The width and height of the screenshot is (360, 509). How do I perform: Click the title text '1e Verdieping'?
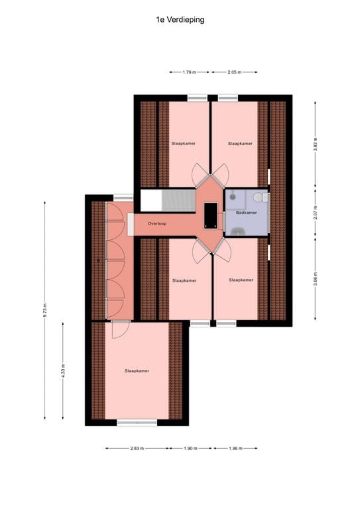[180, 20]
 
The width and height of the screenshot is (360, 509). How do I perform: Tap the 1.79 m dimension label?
[189, 72]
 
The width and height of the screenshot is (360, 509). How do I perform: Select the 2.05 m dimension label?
[233, 72]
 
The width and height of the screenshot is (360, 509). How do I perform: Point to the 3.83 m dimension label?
[315, 143]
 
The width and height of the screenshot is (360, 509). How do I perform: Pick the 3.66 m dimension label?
[315, 280]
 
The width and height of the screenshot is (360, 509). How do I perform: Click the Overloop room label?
[157, 224]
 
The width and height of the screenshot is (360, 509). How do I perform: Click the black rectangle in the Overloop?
[211, 215]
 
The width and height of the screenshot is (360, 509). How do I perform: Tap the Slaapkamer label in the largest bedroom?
[137, 371]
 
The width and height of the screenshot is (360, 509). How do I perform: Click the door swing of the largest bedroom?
[120, 329]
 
